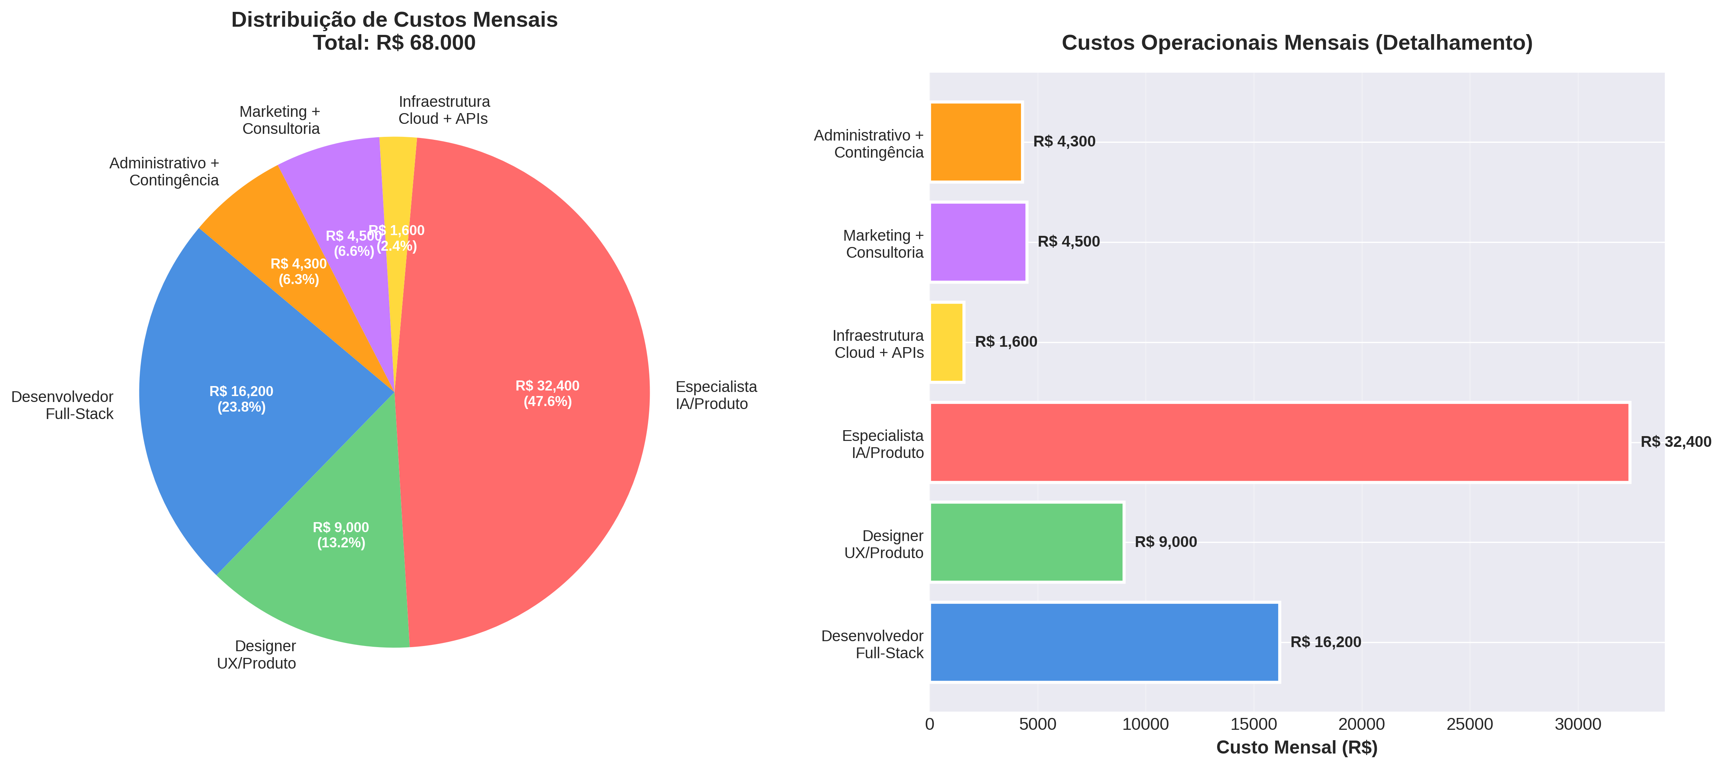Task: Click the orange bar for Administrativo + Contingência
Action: pos(976,142)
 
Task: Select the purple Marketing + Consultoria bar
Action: pos(978,242)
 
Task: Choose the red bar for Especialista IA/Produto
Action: pos(1279,442)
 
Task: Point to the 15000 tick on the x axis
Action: pos(1253,725)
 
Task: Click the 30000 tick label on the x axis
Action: pos(1578,725)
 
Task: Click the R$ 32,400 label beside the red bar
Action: pos(1676,442)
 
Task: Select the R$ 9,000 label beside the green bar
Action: pos(1166,542)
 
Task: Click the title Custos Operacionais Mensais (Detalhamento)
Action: pos(1296,43)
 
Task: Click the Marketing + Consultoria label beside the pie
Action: pos(280,121)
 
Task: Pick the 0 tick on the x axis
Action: pos(930,725)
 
